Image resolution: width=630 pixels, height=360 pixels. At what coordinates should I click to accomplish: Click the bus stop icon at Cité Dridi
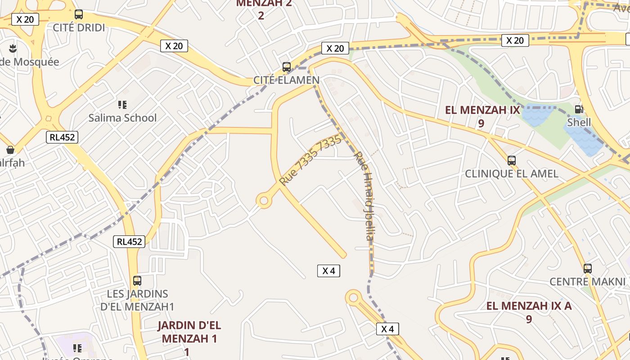point(79,14)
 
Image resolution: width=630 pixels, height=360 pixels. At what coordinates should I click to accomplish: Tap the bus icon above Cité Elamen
point(287,67)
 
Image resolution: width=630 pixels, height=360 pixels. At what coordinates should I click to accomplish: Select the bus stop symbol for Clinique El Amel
point(511,160)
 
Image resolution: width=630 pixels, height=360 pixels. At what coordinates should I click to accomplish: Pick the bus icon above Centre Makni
point(587,269)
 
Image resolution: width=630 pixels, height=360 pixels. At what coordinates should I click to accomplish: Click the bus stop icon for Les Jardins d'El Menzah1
point(137,281)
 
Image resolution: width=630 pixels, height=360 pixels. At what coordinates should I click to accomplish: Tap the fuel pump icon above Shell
point(579,109)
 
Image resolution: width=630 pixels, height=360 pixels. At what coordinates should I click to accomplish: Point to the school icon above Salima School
point(122,105)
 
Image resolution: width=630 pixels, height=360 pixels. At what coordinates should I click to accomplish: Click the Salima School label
point(122,118)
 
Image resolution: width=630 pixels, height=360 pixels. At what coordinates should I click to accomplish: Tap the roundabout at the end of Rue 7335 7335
point(264,200)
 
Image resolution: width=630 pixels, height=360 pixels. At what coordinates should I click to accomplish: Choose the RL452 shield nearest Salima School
point(62,137)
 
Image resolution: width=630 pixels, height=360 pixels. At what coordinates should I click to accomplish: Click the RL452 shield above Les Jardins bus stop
point(129,242)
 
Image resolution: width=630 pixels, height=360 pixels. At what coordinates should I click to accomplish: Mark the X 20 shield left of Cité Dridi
point(25,19)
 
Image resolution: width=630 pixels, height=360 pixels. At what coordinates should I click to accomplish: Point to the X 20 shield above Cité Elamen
point(335,48)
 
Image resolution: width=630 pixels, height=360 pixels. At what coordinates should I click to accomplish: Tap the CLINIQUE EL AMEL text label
point(511,174)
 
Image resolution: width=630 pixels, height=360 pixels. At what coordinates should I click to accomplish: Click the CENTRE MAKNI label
point(587,282)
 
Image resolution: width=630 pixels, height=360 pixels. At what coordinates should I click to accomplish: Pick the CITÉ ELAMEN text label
point(287,80)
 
